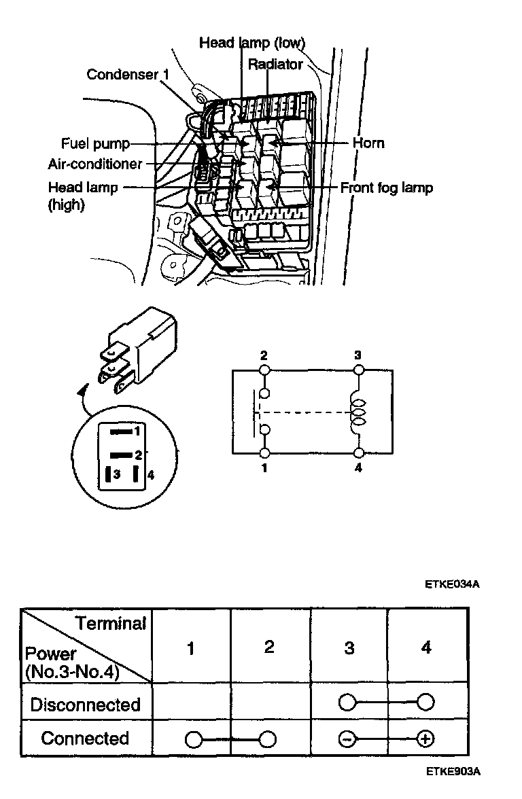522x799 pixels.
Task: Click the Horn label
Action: point(368,143)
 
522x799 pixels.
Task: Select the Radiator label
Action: point(275,65)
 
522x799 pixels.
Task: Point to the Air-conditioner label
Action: point(95,164)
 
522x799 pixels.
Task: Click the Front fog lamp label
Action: point(386,187)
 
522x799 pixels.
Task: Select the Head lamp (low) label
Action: point(251,43)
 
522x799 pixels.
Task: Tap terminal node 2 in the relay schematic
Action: point(264,370)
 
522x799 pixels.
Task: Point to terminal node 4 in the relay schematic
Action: point(358,453)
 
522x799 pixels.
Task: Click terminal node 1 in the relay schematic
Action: point(264,453)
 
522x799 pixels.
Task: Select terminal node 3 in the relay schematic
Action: point(358,370)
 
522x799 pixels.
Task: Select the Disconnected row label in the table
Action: point(85,704)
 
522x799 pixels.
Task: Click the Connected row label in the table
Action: point(85,738)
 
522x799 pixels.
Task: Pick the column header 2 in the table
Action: point(269,647)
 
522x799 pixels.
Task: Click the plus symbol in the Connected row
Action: point(426,739)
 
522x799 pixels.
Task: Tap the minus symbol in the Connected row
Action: point(347,739)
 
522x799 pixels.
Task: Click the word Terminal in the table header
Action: point(111,623)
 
